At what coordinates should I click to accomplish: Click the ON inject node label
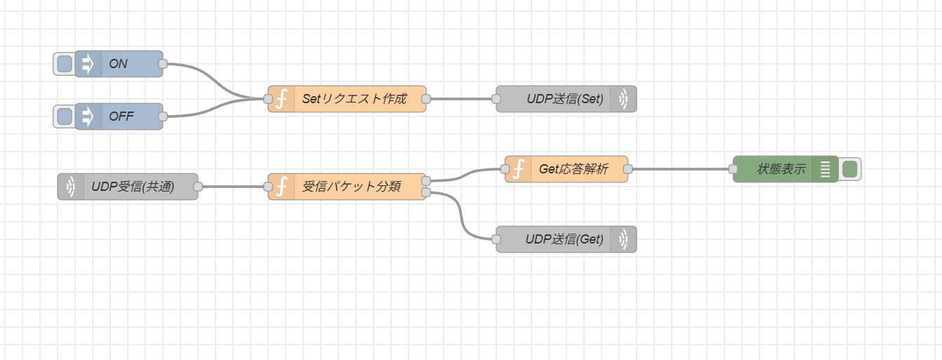(x=119, y=64)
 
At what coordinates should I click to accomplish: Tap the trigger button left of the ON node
(x=64, y=64)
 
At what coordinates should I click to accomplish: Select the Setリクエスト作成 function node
(x=354, y=99)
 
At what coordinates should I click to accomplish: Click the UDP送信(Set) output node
(x=564, y=99)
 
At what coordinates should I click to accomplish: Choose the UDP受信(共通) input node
(x=133, y=187)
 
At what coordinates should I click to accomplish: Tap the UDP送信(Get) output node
(x=564, y=239)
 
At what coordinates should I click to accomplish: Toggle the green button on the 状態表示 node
(x=849, y=169)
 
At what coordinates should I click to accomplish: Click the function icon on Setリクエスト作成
(x=281, y=99)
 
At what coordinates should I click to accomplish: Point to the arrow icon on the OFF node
(x=88, y=116)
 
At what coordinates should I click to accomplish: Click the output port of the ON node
(x=163, y=64)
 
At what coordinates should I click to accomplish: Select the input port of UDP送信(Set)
(x=496, y=99)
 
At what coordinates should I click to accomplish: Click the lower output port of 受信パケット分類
(x=426, y=192)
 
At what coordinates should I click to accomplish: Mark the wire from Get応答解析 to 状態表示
(x=681, y=169)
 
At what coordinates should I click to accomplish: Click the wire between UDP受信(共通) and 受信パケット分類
(x=232, y=187)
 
